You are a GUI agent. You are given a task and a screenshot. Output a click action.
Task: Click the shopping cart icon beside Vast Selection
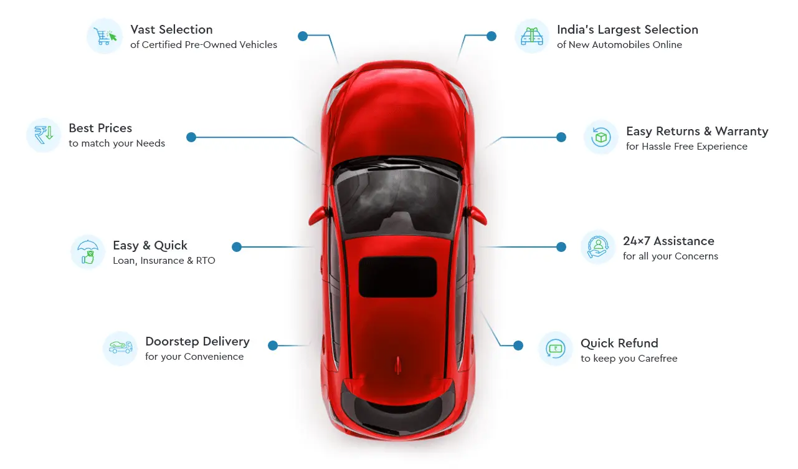point(105,36)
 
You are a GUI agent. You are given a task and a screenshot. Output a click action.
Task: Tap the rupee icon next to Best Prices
point(44,135)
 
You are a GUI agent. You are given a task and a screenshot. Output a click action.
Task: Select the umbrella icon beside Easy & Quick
point(88,251)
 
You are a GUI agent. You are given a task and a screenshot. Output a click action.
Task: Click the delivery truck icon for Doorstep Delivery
point(120,347)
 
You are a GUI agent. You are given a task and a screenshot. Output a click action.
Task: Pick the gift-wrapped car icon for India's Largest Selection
point(531,36)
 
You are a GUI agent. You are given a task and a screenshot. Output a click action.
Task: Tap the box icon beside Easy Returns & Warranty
point(601,137)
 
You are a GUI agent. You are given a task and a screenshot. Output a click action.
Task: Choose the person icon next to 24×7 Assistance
point(598,247)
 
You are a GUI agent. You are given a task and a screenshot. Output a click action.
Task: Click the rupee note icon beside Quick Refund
point(555,349)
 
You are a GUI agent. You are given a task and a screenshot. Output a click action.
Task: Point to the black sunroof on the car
point(397,277)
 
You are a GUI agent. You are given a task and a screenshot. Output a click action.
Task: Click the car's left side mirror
point(318,215)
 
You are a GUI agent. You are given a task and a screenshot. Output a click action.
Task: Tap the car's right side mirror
point(477,215)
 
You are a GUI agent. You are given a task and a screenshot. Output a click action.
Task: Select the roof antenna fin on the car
point(397,365)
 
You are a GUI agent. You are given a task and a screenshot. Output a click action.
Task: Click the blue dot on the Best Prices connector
point(191,137)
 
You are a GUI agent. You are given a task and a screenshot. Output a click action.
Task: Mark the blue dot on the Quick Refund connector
point(518,346)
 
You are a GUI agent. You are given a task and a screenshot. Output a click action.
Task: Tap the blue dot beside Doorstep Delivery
point(273,346)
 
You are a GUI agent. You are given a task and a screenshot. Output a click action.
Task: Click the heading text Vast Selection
point(171,29)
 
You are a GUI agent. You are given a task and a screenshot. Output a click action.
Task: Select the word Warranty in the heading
point(742,132)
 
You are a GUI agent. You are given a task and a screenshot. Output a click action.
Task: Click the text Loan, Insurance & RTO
point(164,261)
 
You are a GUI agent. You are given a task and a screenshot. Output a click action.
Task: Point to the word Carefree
point(658,359)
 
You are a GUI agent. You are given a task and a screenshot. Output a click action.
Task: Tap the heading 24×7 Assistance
point(668,241)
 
